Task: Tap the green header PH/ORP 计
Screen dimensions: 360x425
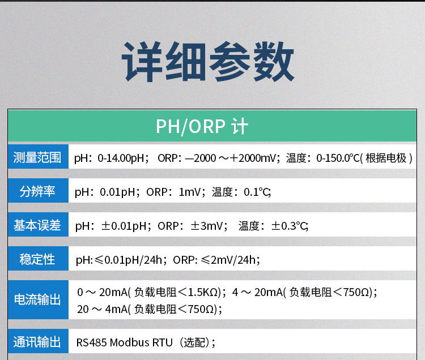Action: tap(202, 126)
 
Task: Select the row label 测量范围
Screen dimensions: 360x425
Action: tap(37, 157)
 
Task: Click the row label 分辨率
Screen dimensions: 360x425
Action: tap(37, 191)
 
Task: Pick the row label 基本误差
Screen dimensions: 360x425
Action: tap(37, 225)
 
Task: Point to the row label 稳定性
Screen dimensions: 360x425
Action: tap(37, 259)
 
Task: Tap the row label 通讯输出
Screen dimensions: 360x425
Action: tap(37, 342)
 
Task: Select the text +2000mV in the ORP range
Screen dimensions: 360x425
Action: tap(253, 158)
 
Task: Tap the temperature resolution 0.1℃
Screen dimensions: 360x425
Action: tap(257, 192)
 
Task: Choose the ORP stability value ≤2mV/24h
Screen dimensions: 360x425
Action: tap(229, 260)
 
